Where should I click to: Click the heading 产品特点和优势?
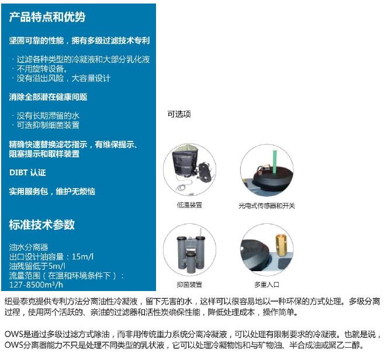[x=47, y=17]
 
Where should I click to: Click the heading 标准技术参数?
[x=42, y=224]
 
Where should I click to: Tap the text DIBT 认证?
[x=27, y=172]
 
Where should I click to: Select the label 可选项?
[x=179, y=114]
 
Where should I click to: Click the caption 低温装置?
[x=189, y=205]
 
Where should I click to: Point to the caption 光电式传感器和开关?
[x=266, y=206]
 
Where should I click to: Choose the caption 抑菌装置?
[x=189, y=285]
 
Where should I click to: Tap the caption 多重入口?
[x=266, y=285]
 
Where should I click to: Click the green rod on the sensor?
[x=275, y=162]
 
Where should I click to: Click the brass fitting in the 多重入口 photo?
[x=280, y=246]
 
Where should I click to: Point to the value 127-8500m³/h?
[x=36, y=285]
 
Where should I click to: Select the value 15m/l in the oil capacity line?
[x=82, y=257]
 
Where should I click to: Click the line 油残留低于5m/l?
[x=37, y=266]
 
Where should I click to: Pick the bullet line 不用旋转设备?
[x=42, y=68]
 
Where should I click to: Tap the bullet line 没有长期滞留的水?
[x=48, y=116]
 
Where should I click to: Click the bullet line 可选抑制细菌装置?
[x=48, y=125]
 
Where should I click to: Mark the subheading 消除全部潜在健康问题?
[x=49, y=97]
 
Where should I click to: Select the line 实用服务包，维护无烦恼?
[x=52, y=191]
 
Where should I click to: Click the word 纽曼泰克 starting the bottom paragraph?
[x=20, y=302]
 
